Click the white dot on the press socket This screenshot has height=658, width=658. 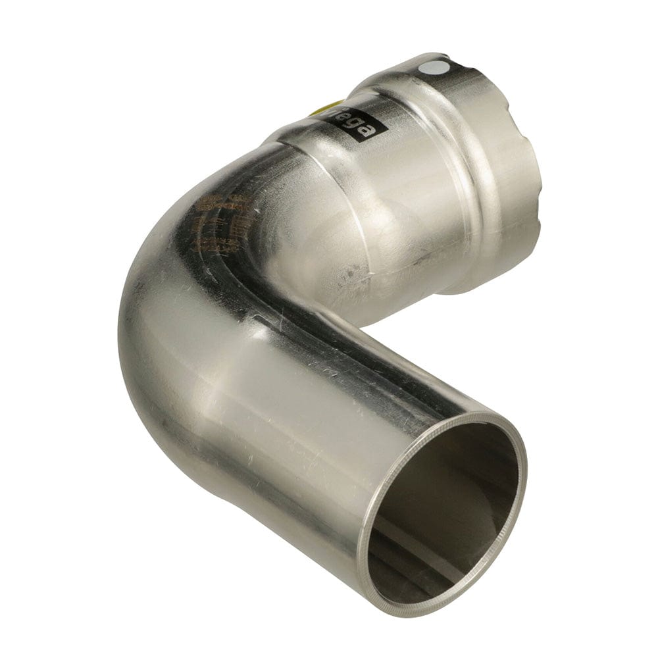tap(443, 67)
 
